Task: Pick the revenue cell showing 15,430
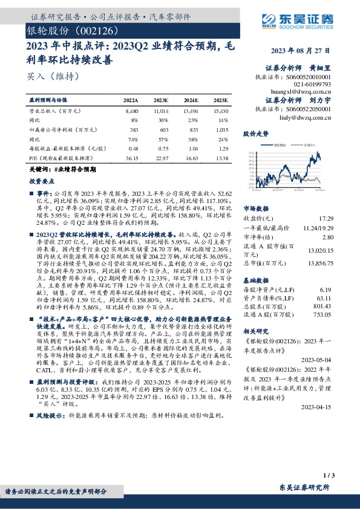tap(220, 111)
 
